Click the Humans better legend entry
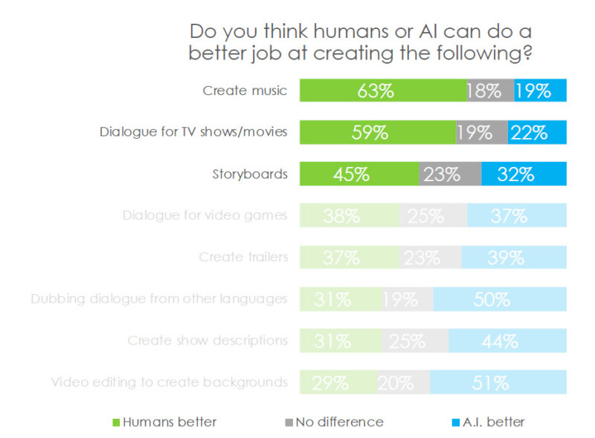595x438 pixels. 164,422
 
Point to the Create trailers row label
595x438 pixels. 243,258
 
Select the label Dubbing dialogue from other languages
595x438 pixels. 159,299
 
